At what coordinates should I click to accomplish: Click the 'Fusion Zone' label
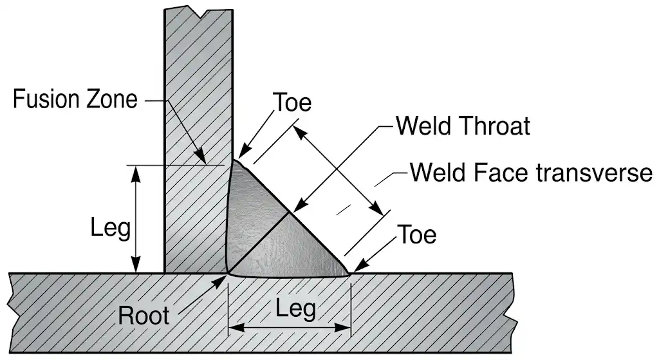tap(76, 100)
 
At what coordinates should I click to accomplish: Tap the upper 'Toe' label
tap(292, 103)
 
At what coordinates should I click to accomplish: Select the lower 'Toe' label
tap(416, 234)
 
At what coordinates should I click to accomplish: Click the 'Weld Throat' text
tap(463, 126)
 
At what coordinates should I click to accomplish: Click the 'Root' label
tap(144, 316)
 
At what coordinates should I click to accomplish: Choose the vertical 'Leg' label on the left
tap(111, 228)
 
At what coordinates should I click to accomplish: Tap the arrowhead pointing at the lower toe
tap(358, 267)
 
